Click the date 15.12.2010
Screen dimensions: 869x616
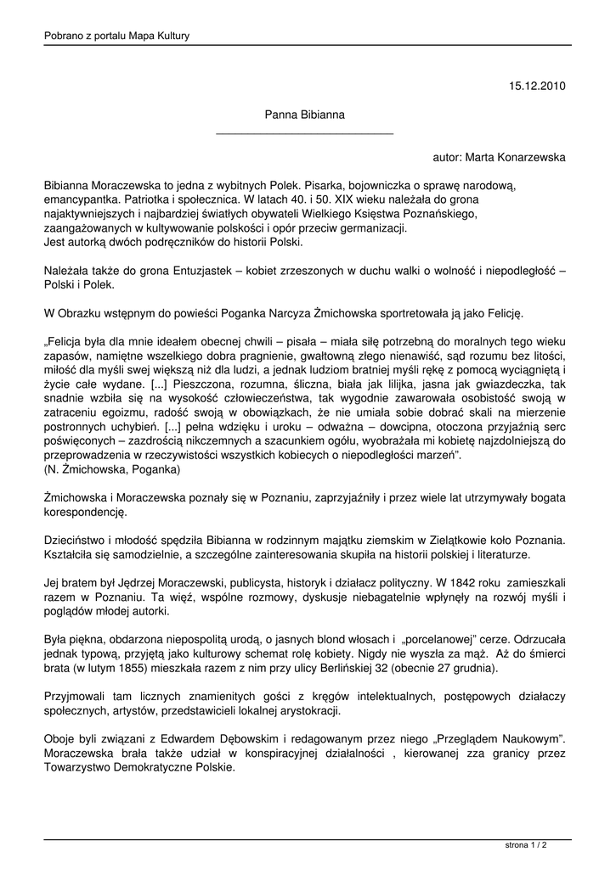pos(537,86)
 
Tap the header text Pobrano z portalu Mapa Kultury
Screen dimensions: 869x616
pos(116,36)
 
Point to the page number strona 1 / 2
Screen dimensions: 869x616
pos(526,845)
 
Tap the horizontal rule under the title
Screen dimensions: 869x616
pos(304,134)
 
